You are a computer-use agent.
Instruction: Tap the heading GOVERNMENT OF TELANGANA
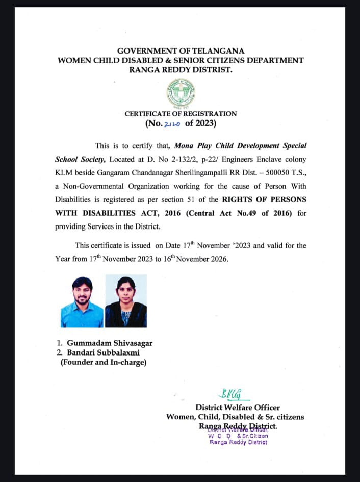[181, 51]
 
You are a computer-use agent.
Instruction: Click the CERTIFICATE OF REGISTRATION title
[181, 114]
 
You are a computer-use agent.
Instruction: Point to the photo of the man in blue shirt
[82, 301]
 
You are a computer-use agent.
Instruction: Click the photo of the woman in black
[126, 301]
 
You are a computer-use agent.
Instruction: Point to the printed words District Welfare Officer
[238, 408]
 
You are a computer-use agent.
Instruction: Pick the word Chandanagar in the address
[151, 173]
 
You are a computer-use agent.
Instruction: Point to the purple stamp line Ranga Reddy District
[238, 442]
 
